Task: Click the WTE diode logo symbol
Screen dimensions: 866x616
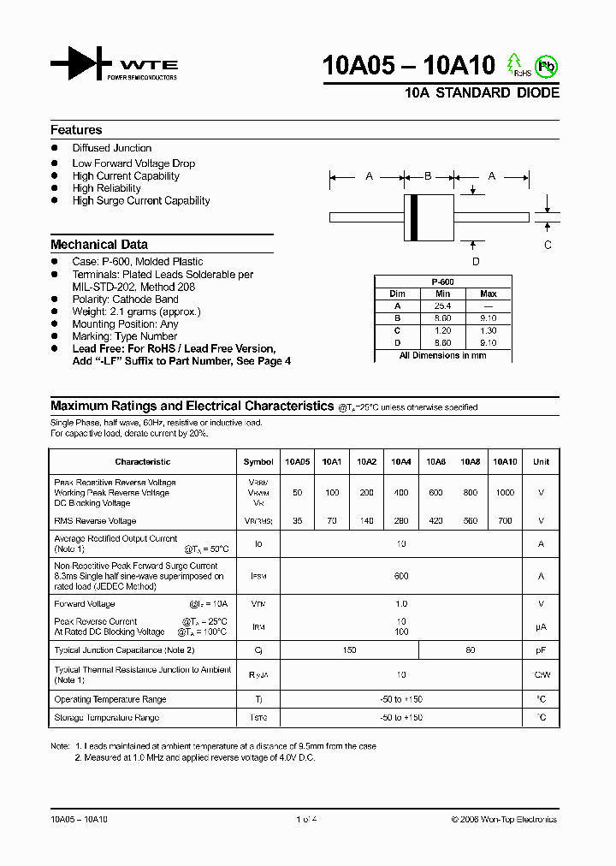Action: click(81, 64)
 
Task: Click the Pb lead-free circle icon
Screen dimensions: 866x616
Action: click(545, 66)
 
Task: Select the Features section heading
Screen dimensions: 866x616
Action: click(76, 130)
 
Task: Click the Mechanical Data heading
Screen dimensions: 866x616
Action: click(98, 244)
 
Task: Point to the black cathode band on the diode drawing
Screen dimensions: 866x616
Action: click(414, 217)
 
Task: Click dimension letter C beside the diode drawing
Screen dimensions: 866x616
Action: click(548, 244)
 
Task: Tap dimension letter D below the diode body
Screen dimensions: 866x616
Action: click(476, 262)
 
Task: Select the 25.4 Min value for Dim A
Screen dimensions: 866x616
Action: click(442, 305)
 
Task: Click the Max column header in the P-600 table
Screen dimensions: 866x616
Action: click(489, 294)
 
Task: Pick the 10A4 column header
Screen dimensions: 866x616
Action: click(400, 462)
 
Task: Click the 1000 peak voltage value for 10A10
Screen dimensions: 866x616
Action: click(506, 493)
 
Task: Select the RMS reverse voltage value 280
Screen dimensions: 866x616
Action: click(400, 520)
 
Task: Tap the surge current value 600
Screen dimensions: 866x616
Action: click(400, 577)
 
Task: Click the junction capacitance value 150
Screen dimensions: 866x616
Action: click(349, 650)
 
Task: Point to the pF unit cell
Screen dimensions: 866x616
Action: click(541, 650)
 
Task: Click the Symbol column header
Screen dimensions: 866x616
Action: click(258, 462)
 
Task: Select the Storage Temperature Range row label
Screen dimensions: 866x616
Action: click(107, 718)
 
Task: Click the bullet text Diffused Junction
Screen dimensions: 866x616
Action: click(112, 148)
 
